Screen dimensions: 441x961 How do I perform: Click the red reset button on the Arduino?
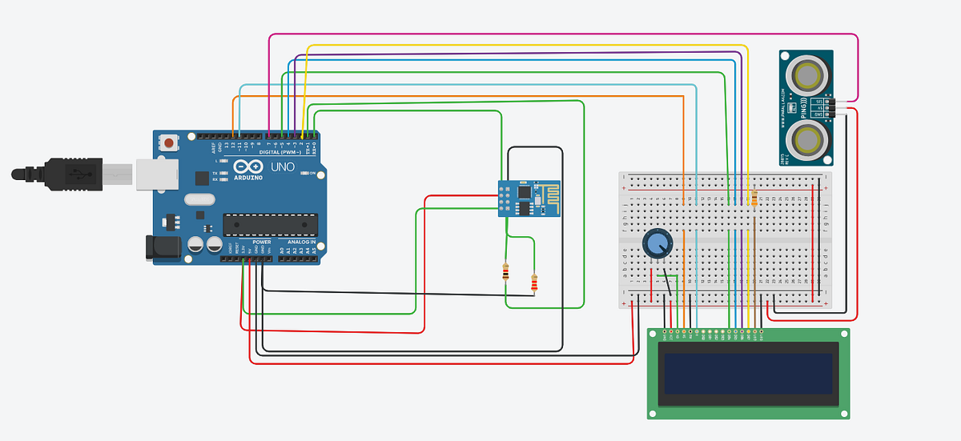[x=170, y=143]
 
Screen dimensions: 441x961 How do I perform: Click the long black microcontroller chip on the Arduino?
[x=270, y=226]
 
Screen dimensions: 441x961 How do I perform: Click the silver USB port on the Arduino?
[x=153, y=172]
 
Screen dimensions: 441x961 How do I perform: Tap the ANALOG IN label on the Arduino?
[x=301, y=242]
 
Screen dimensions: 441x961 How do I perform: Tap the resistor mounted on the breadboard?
[x=754, y=196]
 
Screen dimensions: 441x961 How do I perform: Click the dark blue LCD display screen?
[x=748, y=370]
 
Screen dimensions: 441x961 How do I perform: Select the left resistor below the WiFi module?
[x=505, y=272]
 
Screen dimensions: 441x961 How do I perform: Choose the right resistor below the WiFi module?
[x=534, y=283]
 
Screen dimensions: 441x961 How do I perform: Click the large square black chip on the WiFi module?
[x=524, y=193]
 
